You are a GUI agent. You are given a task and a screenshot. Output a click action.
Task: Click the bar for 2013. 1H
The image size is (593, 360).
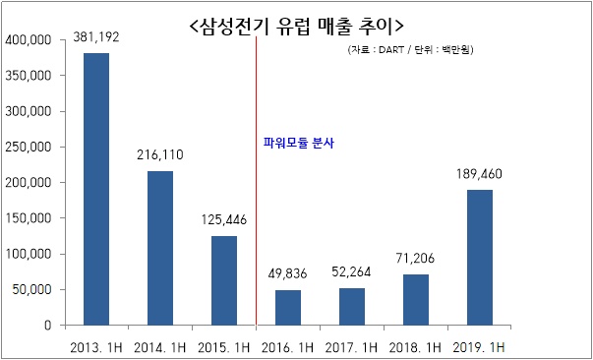[95, 189]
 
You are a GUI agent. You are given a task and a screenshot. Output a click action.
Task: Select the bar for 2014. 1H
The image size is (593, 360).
[159, 248]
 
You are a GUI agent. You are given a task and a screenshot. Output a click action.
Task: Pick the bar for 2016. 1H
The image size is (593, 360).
[288, 307]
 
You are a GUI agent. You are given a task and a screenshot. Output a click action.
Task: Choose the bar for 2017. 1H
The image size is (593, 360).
[352, 306]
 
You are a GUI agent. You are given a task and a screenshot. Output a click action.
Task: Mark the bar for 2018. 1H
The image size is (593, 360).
[416, 299]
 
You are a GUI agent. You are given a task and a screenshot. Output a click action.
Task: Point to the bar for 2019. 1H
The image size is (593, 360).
[479, 257]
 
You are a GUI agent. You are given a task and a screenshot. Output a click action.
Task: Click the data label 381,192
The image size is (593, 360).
[97, 38]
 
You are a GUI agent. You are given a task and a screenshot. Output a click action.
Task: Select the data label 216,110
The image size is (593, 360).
[159, 155]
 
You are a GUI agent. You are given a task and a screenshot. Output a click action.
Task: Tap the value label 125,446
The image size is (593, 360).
[223, 220]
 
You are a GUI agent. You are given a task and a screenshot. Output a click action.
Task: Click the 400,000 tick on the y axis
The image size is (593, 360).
[29, 40]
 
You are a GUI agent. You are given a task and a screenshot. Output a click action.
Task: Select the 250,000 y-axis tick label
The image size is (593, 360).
[29, 148]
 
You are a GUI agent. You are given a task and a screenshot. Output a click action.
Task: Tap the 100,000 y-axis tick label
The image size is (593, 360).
[29, 254]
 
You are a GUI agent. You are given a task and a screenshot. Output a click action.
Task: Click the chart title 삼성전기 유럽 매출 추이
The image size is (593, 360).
[295, 22]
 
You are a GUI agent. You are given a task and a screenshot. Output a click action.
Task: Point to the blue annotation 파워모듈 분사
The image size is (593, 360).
[299, 142]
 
